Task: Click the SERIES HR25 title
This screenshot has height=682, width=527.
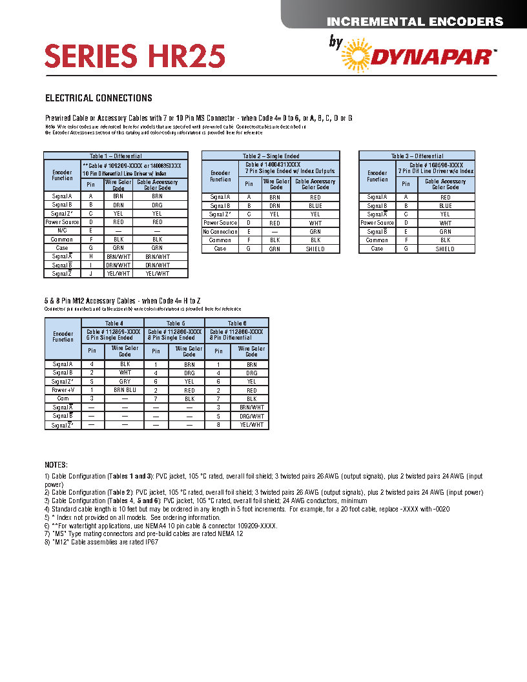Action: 134,57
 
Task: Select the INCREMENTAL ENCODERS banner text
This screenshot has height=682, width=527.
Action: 415,21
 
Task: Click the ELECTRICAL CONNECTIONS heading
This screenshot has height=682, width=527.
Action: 98,98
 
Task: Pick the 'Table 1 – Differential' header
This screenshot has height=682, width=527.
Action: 116,156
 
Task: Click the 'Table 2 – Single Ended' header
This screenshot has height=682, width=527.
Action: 271,156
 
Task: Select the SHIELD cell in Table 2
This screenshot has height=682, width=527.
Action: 315,249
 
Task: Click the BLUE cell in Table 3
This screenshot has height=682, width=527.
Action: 445,206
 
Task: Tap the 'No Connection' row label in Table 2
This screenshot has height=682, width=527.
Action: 220,232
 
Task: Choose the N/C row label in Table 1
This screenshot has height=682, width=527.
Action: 62,230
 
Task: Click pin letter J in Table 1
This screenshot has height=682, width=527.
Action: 91,273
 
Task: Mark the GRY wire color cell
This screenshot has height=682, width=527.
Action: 125,382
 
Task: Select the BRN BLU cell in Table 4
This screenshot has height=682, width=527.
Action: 125,390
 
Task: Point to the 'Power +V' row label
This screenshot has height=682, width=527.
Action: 63,390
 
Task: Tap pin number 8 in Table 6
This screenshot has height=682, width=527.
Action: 219,425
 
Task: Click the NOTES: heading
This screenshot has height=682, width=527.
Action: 56,465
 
